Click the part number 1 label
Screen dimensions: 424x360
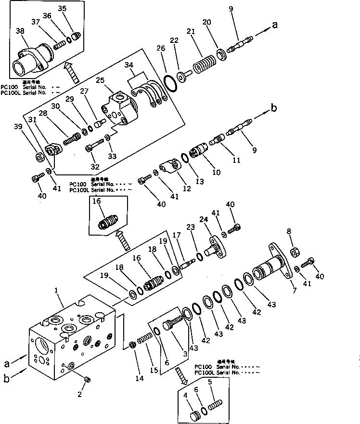tap(56, 291)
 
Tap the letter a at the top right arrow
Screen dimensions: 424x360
tap(275, 26)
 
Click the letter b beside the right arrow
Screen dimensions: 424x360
tap(274, 108)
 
